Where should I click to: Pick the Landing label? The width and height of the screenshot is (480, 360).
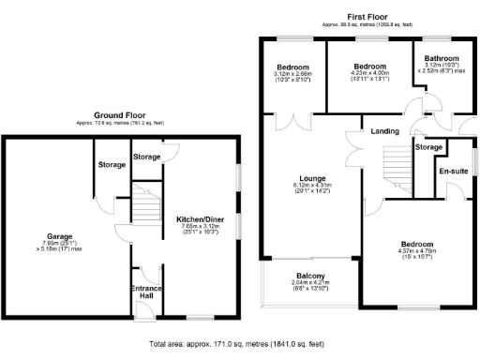(x=385, y=130)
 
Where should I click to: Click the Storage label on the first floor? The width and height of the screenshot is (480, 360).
(x=428, y=147)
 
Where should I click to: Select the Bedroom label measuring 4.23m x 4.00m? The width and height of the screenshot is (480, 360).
(x=369, y=67)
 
